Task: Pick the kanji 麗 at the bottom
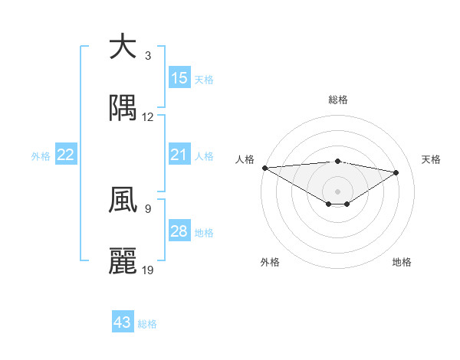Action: (x=123, y=261)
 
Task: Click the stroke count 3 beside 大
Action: (x=147, y=55)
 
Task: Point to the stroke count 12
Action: (x=148, y=117)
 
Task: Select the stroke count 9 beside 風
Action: (x=147, y=208)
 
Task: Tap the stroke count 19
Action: (x=148, y=270)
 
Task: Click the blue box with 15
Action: (x=179, y=78)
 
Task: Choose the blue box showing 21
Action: (x=179, y=155)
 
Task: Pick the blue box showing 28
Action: (x=179, y=232)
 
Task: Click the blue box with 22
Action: (x=66, y=155)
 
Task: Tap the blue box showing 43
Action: (x=123, y=323)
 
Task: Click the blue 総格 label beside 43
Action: (x=147, y=324)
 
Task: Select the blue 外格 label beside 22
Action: (x=41, y=156)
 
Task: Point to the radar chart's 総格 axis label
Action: (x=337, y=100)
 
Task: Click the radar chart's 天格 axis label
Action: (x=432, y=159)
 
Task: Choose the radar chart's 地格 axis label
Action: (x=402, y=262)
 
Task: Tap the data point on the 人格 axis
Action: (x=264, y=168)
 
